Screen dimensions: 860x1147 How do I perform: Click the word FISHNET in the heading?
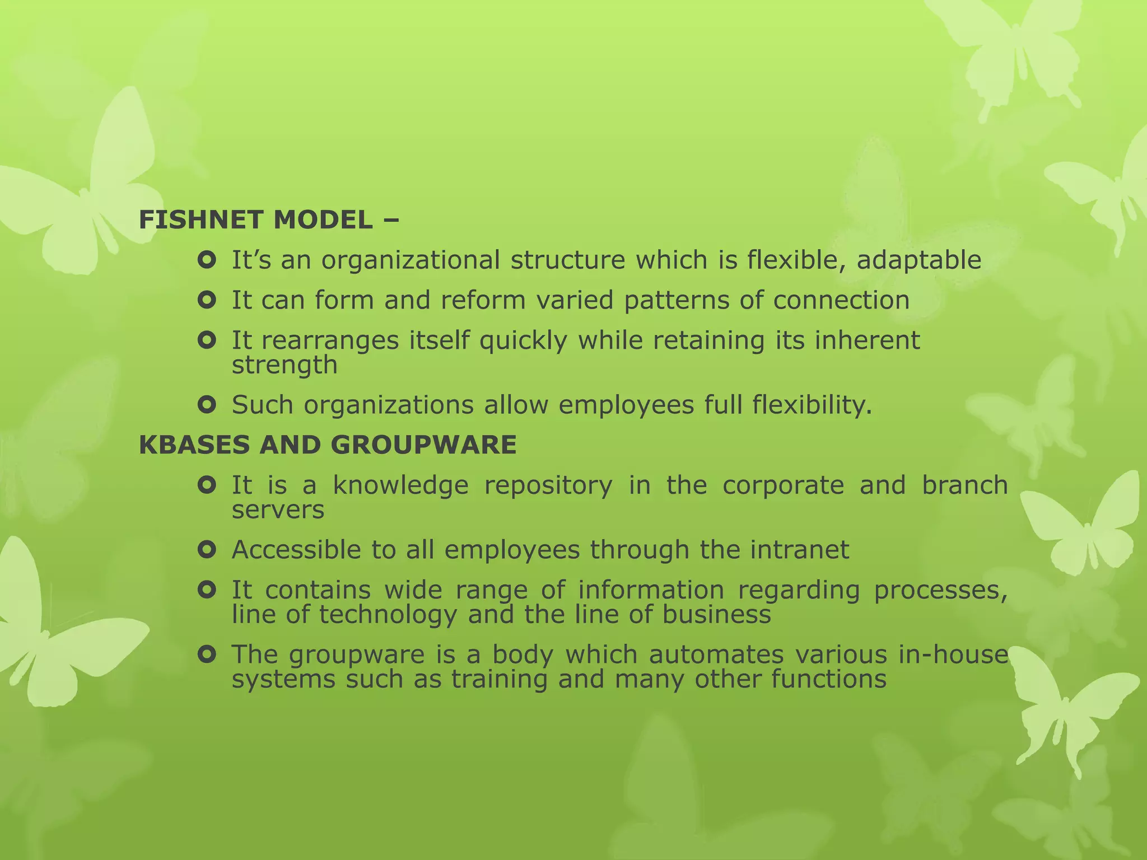click(200, 219)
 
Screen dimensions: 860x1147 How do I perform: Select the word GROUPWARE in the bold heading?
click(423, 445)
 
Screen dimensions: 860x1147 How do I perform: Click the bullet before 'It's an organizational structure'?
click(207, 260)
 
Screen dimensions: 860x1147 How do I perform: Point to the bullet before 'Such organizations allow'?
click(207, 405)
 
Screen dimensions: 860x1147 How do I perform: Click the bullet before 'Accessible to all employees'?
click(207, 550)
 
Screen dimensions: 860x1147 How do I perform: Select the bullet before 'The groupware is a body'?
click(207, 654)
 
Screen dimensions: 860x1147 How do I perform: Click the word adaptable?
click(918, 260)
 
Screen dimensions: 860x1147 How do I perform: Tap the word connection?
click(841, 300)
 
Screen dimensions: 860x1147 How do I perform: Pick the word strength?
click(285, 366)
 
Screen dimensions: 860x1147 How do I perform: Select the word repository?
click(548, 486)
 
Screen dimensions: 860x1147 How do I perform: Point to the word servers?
click(278, 510)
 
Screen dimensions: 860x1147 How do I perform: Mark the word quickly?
click(523, 341)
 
